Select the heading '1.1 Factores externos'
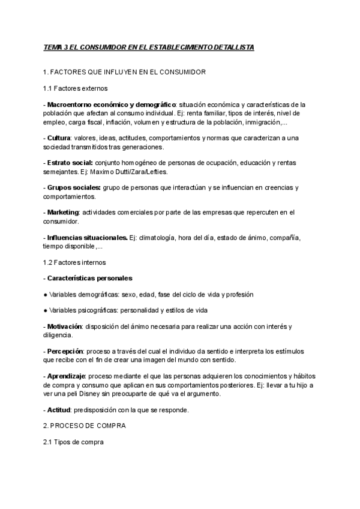[76, 88]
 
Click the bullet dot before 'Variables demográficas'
[46, 295]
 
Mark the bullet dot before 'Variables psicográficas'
[46, 310]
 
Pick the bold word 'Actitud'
[59, 410]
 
